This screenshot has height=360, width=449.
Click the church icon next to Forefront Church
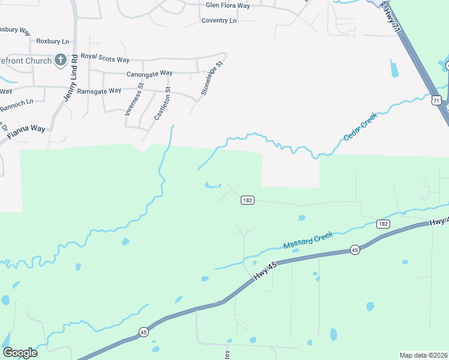(x=60, y=59)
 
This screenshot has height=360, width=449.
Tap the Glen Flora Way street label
(x=228, y=5)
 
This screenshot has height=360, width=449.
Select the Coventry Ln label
(x=219, y=20)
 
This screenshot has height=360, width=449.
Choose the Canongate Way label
(x=149, y=73)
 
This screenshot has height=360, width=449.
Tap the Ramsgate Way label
(x=99, y=91)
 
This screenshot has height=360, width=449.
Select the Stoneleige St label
(x=212, y=77)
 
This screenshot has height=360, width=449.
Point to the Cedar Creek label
(x=360, y=127)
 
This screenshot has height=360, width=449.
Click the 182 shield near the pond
(x=247, y=200)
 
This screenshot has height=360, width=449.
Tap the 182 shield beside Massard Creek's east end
(x=383, y=223)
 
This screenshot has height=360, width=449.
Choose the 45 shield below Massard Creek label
(x=355, y=250)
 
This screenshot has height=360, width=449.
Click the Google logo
(x=20, y=353)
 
